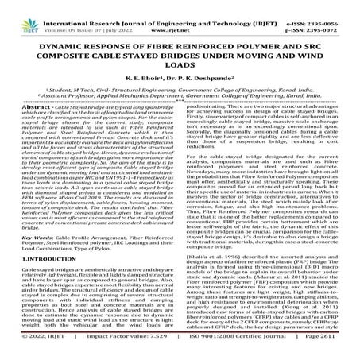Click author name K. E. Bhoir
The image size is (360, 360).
pyautogui.click(x=148, y=71)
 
